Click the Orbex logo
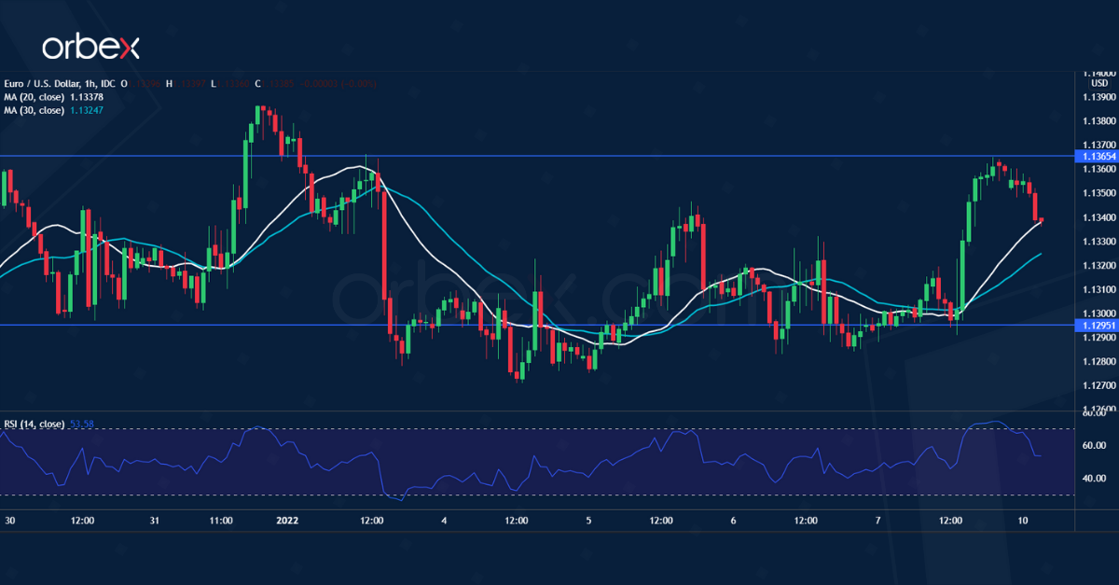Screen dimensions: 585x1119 90,47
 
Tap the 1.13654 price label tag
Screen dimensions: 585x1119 1096,156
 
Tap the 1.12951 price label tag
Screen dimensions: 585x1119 1096,325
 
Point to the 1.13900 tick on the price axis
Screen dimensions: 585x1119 1098,97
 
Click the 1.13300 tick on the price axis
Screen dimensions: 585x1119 1098,242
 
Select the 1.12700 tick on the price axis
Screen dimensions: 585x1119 1098,385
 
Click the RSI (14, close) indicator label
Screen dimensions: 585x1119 35,424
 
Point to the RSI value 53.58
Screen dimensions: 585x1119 82,424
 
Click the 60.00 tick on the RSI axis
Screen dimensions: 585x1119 1093,446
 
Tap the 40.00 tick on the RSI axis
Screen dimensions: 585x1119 1093,479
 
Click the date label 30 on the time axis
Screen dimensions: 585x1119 9,520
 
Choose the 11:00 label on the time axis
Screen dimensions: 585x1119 221,520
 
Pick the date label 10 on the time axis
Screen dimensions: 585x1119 1023,520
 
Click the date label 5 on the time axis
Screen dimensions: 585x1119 588,520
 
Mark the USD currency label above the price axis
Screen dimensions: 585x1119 1098,83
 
